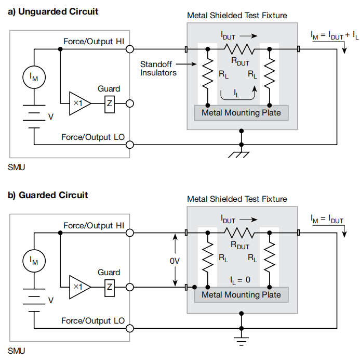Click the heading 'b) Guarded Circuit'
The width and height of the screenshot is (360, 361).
coord(48,195)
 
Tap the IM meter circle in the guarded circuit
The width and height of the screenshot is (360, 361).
coord(34,261)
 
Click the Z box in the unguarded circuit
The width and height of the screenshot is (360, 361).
coord(109,104)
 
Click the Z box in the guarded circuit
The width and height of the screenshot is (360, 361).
coord(109,287)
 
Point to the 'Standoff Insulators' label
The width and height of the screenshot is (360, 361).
coord(158,69)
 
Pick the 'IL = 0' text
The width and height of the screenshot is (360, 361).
coord(240,279)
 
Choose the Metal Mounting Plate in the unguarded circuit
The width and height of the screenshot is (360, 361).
coord(241,112)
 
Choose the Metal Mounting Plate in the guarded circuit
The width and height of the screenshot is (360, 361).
coord(241,295)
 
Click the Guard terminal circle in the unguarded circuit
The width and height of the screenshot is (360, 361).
coord(129,104)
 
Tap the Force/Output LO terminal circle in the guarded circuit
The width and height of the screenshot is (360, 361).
coord(129,328)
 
